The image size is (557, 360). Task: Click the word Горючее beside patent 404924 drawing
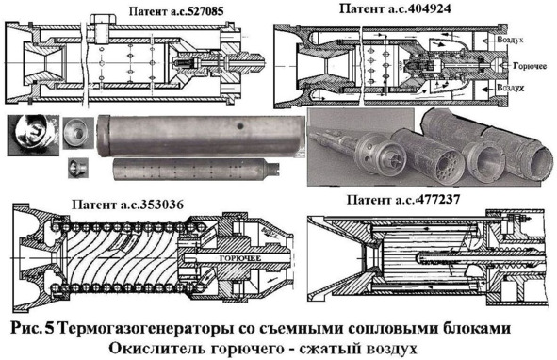point(530,66)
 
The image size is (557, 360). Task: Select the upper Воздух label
point(510,40)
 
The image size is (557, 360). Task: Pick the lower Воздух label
point(510,88)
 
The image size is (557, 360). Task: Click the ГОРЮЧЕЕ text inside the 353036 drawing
point(240,258)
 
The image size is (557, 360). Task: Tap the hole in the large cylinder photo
point(241,125)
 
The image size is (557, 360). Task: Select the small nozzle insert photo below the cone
point(78,168)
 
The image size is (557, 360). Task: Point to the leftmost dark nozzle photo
point(33,135)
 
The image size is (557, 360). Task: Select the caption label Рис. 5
point(32,328)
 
